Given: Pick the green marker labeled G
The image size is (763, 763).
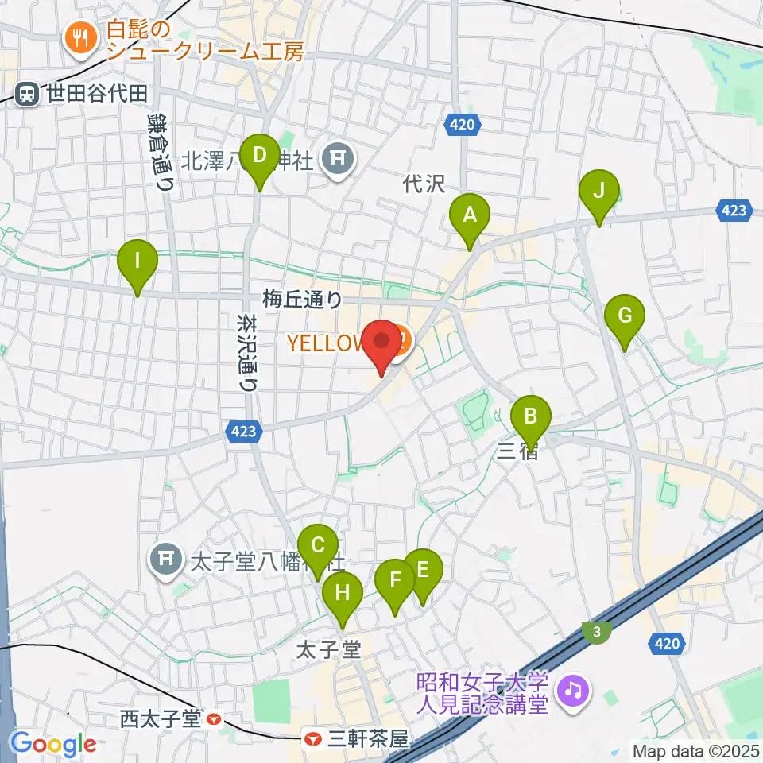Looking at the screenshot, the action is (625, 316).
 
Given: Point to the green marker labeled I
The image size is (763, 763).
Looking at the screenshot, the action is (137, 261).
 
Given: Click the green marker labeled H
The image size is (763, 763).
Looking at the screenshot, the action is (343, 593).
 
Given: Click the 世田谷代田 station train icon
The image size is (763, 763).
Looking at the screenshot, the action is (27, 95).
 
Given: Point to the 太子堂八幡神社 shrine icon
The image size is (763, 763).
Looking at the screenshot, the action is (165, 560).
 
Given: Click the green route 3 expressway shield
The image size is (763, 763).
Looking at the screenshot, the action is (596, 632).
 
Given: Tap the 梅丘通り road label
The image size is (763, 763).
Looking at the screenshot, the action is (302, 300).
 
